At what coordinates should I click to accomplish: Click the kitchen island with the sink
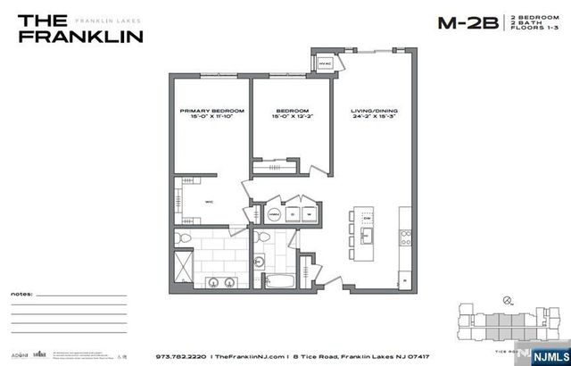367,230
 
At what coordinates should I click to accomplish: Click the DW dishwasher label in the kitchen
367,215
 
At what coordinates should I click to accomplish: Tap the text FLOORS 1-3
529,29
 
